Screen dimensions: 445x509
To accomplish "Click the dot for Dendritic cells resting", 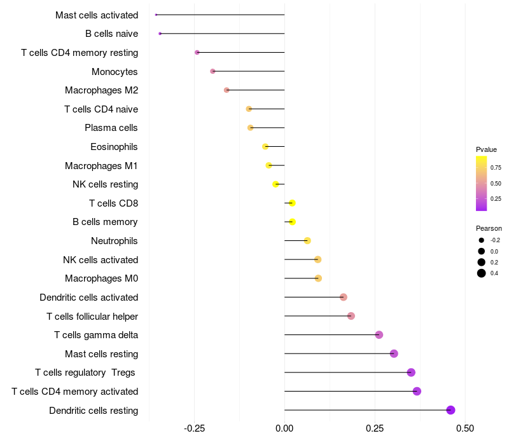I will pyautogui.click(x=451, y=410).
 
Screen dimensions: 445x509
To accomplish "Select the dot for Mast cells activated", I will pyautogui.click(x=156, y=15).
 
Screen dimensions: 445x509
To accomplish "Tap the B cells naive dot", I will pyautogui.click(x=160, y=33).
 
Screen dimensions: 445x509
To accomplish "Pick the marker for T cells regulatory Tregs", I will pyautogui.click(x=411, y=373).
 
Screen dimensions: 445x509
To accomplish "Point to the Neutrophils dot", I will pyautogui.click(x=307, y=240).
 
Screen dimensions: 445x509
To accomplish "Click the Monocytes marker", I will pyautogui.click(x=213, y=71).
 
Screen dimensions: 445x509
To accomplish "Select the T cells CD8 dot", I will pyautogui.click(x=292, y=203).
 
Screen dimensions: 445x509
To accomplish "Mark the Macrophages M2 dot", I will pyautogui.click(x=227, y=90).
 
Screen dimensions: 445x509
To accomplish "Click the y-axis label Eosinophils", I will pyautogui.click(x=114, y=147).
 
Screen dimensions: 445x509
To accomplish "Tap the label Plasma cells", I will pyautogui.click(x=111, y=128).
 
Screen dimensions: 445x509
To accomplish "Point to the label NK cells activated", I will pyautogui.click(x=101, y=259).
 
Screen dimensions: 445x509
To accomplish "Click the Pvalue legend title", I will pyautogui.click(x=486, y=149).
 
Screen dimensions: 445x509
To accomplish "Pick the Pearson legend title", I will pyautogui.click(x=489, y=228).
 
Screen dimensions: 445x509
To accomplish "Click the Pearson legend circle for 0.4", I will pyautogui.click(x=482, y=273).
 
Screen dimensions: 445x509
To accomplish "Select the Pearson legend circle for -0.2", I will pyautogui.click(x=482, y=240).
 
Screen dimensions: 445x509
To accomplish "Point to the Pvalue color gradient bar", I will pyautogui.click(x=482, y=183).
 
